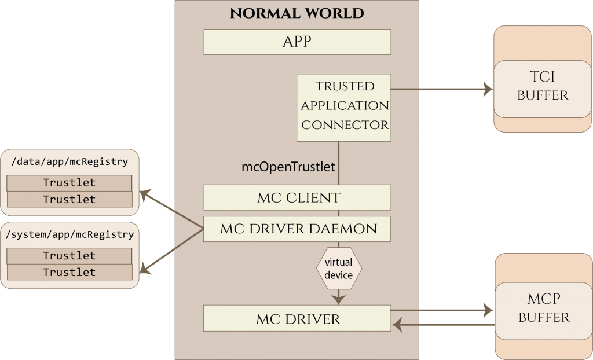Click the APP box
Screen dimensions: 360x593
(x=297, y=42)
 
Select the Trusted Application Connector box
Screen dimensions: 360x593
(x=344, y=107)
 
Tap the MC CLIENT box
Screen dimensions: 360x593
(x=297, y=197)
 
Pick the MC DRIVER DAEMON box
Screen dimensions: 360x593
(x=297, y=229)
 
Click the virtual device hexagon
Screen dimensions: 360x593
(x=339, y=269)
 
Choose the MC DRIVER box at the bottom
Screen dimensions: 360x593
(x=297, y=319)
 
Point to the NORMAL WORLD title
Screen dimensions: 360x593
(x=297, y=13)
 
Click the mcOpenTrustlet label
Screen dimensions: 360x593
(x=288, y=167)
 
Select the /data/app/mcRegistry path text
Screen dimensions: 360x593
(x=69, y=161)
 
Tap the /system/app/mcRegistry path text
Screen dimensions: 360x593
(x=69, y=234)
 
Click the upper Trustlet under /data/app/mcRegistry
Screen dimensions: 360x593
(x=69, y=183)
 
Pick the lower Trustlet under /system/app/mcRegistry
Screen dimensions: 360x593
(x=69, y=272)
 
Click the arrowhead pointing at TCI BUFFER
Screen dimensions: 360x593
(x=488, y=89)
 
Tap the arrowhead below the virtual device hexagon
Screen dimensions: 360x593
(x=339, y=299)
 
